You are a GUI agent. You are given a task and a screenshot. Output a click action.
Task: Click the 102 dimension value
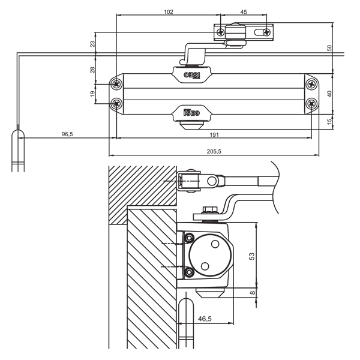(168, 11)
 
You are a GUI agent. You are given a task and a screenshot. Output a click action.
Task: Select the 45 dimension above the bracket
(243, 11)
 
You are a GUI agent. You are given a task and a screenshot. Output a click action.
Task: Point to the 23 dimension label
(92, 43)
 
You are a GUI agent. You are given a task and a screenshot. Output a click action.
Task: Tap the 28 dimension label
(92, 70)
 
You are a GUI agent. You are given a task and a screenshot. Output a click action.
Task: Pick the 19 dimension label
(92, 94)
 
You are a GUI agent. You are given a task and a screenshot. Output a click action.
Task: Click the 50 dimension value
(329, 47)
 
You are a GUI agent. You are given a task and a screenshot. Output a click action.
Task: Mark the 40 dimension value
(329, 93)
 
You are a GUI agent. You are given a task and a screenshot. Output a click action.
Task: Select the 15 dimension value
(329, 122)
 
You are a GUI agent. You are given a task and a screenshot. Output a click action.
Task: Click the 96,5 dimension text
(67, 134)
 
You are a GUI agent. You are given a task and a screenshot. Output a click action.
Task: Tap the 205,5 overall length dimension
(214, 151)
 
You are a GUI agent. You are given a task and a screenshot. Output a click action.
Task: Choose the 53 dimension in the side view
(253, 255)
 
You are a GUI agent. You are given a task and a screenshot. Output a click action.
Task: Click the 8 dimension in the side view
(253, 293)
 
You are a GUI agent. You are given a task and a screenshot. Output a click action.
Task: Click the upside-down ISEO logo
(191, 75)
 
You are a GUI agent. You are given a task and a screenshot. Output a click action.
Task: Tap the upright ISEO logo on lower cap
(191, 112)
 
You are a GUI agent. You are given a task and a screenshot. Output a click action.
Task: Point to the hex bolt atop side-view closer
(210, 211)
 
